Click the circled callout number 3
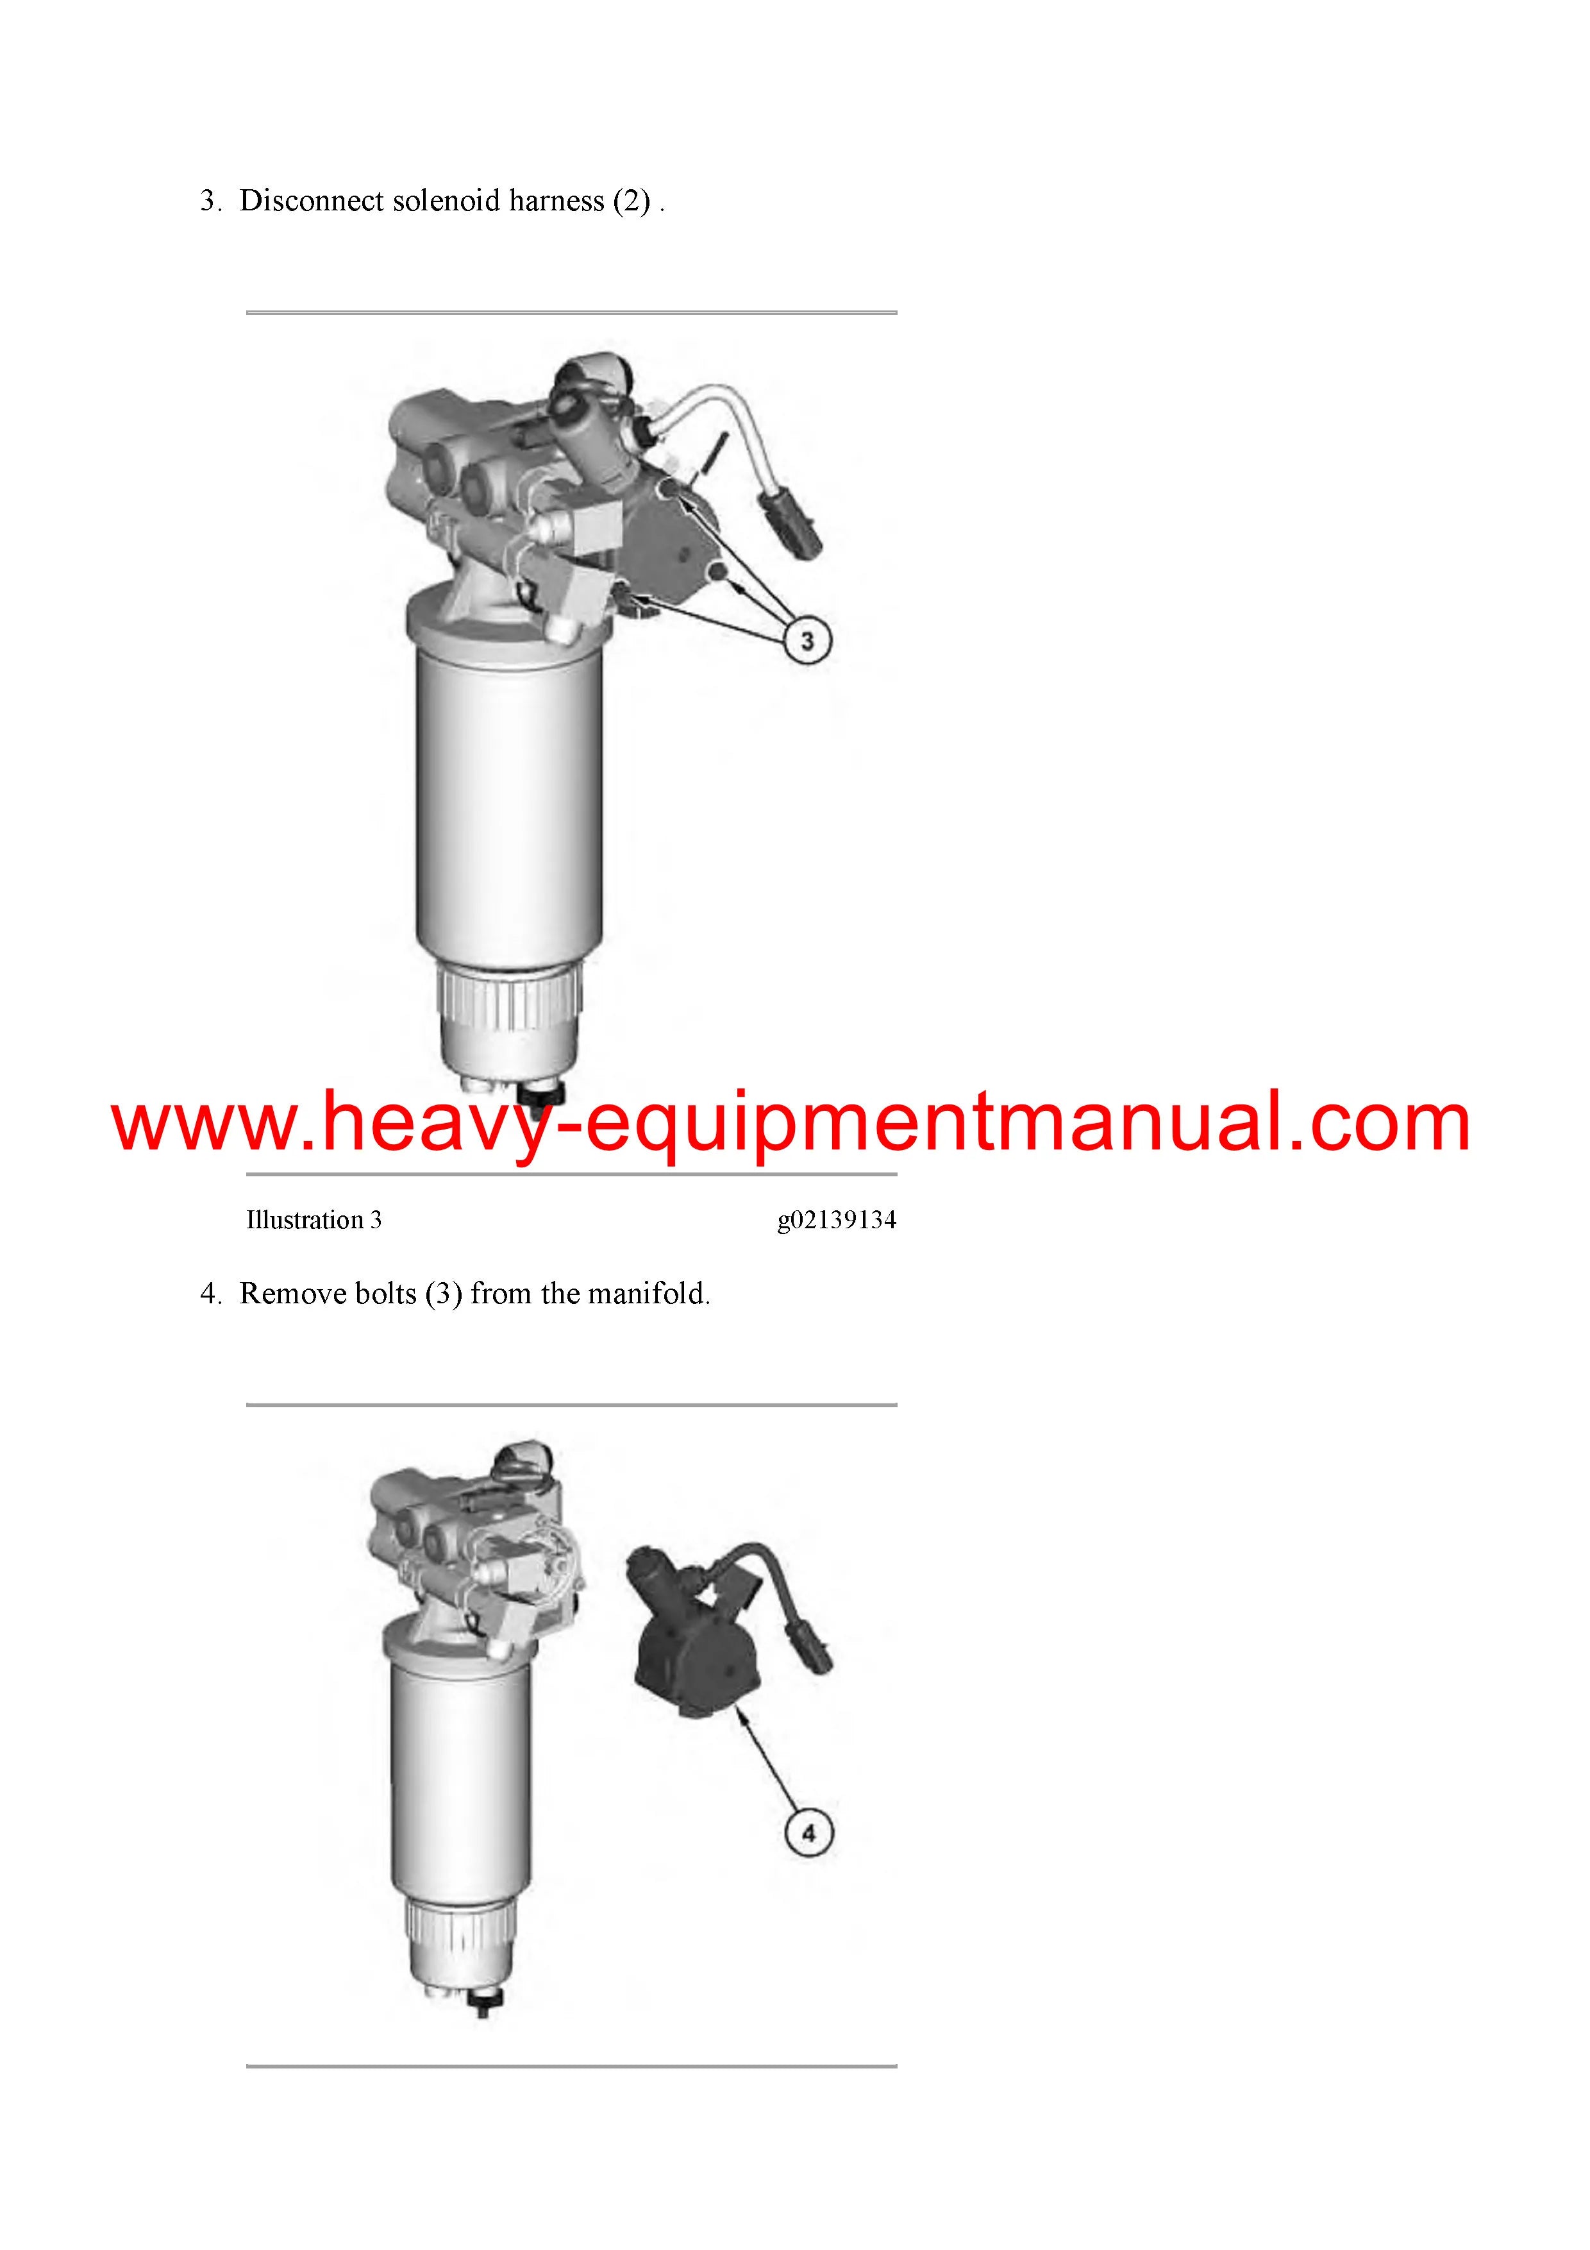coord(807,641)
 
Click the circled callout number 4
coord(808,1832)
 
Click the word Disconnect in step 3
coord(312,201)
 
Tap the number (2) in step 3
coord(632,201)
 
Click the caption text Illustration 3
coord(314,1220)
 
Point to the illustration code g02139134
coord(837,1220)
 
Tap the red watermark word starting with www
coord(791,1123)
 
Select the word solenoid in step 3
coord(449,201)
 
